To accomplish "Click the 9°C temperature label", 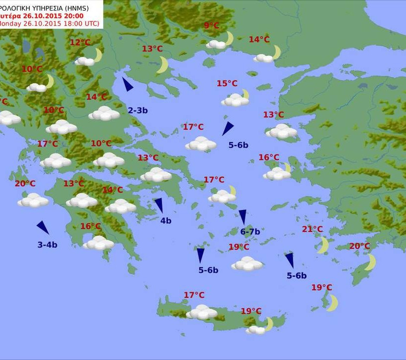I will [211, 26].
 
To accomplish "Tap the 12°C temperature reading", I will [80, 43].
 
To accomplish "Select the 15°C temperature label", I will [227, 83].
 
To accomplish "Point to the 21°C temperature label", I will [312, 229].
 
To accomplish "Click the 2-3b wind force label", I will [138, 110].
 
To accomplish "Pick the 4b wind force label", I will [165, 221].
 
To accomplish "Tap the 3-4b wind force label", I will [48, 245].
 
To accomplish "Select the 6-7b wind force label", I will [250, 231].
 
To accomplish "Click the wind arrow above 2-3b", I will [127, 84].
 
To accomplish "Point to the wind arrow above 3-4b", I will [43, 227].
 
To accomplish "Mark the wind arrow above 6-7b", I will [243, 216].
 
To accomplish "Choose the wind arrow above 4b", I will [159, 205].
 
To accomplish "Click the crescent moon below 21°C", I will [323, 245].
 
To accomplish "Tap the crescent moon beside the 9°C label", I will [229, 38].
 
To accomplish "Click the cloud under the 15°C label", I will [235, 101].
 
